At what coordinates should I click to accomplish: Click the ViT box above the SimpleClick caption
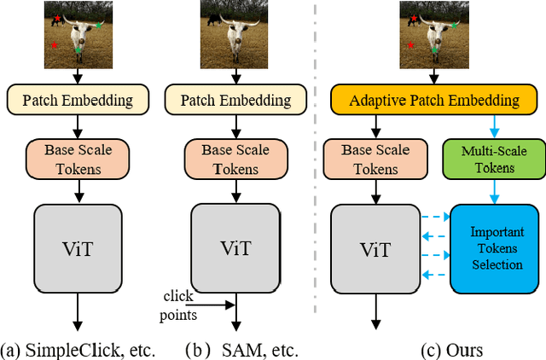tap(78, 248)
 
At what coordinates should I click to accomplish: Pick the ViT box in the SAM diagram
tap(234, 248)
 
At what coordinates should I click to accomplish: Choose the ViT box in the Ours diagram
tap(373, 249)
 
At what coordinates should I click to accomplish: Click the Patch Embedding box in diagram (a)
tap(78, 100)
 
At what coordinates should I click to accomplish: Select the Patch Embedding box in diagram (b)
tap(234, 100)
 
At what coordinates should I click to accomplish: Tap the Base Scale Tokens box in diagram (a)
tap(78, 160)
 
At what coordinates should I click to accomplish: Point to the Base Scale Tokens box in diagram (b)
tap(234, 160)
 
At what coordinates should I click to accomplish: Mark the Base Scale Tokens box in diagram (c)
tap(373, 160)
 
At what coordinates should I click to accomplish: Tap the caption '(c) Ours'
tap(453, 348)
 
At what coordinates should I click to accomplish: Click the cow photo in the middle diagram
tap(234, 35)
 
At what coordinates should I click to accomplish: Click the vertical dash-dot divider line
tap(314, 171)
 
